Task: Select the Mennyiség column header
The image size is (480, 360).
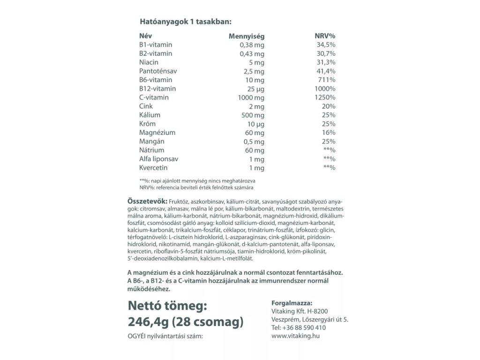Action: point(246,36)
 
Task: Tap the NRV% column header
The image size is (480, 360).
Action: point(325,36)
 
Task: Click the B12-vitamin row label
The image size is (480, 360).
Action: point(157,89)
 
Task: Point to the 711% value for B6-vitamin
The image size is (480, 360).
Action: point(327,80)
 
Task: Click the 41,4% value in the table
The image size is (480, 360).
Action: point(326,71)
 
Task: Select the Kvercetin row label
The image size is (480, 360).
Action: point(153,168)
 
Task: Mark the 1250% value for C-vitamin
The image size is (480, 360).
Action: point(325,97)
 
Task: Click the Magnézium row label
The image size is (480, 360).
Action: point(157,133)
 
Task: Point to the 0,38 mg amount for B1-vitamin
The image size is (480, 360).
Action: point(252,45)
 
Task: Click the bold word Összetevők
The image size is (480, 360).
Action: point(146,201)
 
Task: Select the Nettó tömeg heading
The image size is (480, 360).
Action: point(167,306)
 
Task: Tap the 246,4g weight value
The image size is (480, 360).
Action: point(148,322)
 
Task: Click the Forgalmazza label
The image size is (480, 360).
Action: point(292,303)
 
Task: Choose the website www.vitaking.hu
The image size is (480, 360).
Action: point(295,336)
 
